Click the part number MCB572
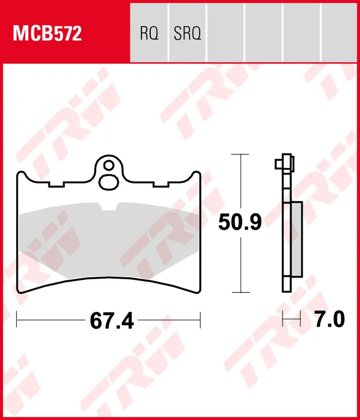click(x=47, y=34)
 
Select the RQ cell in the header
click(x=149, y=34)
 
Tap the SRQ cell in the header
click(x=187, y=34)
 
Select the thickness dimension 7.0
click(x=329, y=319)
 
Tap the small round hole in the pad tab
click(x=109, y=166)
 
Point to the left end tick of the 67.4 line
click(x=17, y=318)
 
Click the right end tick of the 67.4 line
click(x=200, y=318)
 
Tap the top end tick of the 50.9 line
click(x=240, y=155)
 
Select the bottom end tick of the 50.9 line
click(x=240, y=292)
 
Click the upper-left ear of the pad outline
click(x=22, y=175)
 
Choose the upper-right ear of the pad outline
click(x=196, y=175)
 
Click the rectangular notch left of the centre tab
click(x=56, y=184)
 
